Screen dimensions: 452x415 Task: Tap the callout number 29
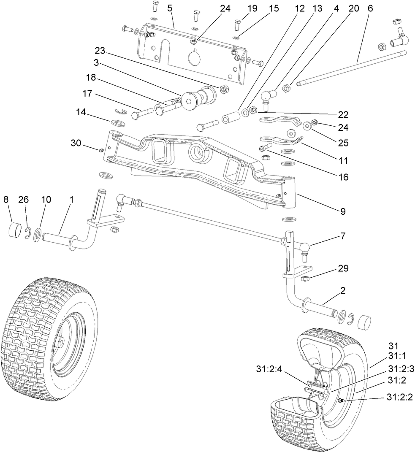[x=343, y=268]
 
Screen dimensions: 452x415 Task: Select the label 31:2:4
[x=270, y=369]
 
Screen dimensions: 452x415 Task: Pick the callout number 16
[x=343, y=177]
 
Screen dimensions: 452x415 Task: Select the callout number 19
[x=252, y=8]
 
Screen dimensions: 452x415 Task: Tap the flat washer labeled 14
[x=119, y=123]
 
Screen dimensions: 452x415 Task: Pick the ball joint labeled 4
[x=267, y=97]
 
